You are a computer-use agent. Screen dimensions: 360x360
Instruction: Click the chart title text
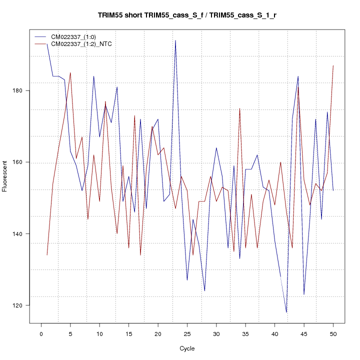pyautogui.click(x=187, y=15)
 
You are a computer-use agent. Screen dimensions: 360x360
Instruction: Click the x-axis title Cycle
pyautogui.click(x=187, y=348)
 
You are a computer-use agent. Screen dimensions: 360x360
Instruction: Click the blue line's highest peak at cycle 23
pyautogui.click(x=175, y=40)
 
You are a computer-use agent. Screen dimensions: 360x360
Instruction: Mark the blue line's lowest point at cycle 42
pyautogui.click(x=286, y=312)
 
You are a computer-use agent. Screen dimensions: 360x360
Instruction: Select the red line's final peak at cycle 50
pyautogui.click(x=333, y=65)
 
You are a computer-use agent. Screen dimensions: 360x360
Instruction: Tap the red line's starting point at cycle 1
pyautogui.click(x=47, y=255)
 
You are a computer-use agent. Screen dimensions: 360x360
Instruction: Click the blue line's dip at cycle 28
pyautogui.click(x=204, y=291)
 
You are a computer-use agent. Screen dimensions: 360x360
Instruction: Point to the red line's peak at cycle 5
pyautogui.click(x=70, y=72)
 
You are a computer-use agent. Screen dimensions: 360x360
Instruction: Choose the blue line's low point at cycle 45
pyautogui.click(x=304, y=294)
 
